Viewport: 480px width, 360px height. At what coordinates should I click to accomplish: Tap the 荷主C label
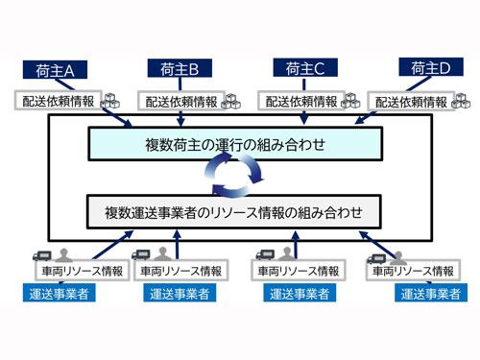tap(305, 68)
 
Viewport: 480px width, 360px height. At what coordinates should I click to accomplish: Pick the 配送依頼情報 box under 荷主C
tap(302, 100)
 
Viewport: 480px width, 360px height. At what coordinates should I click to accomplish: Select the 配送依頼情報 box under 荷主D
tap(414, 101)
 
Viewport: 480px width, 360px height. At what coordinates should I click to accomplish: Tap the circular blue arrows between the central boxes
tap(235, 177)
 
